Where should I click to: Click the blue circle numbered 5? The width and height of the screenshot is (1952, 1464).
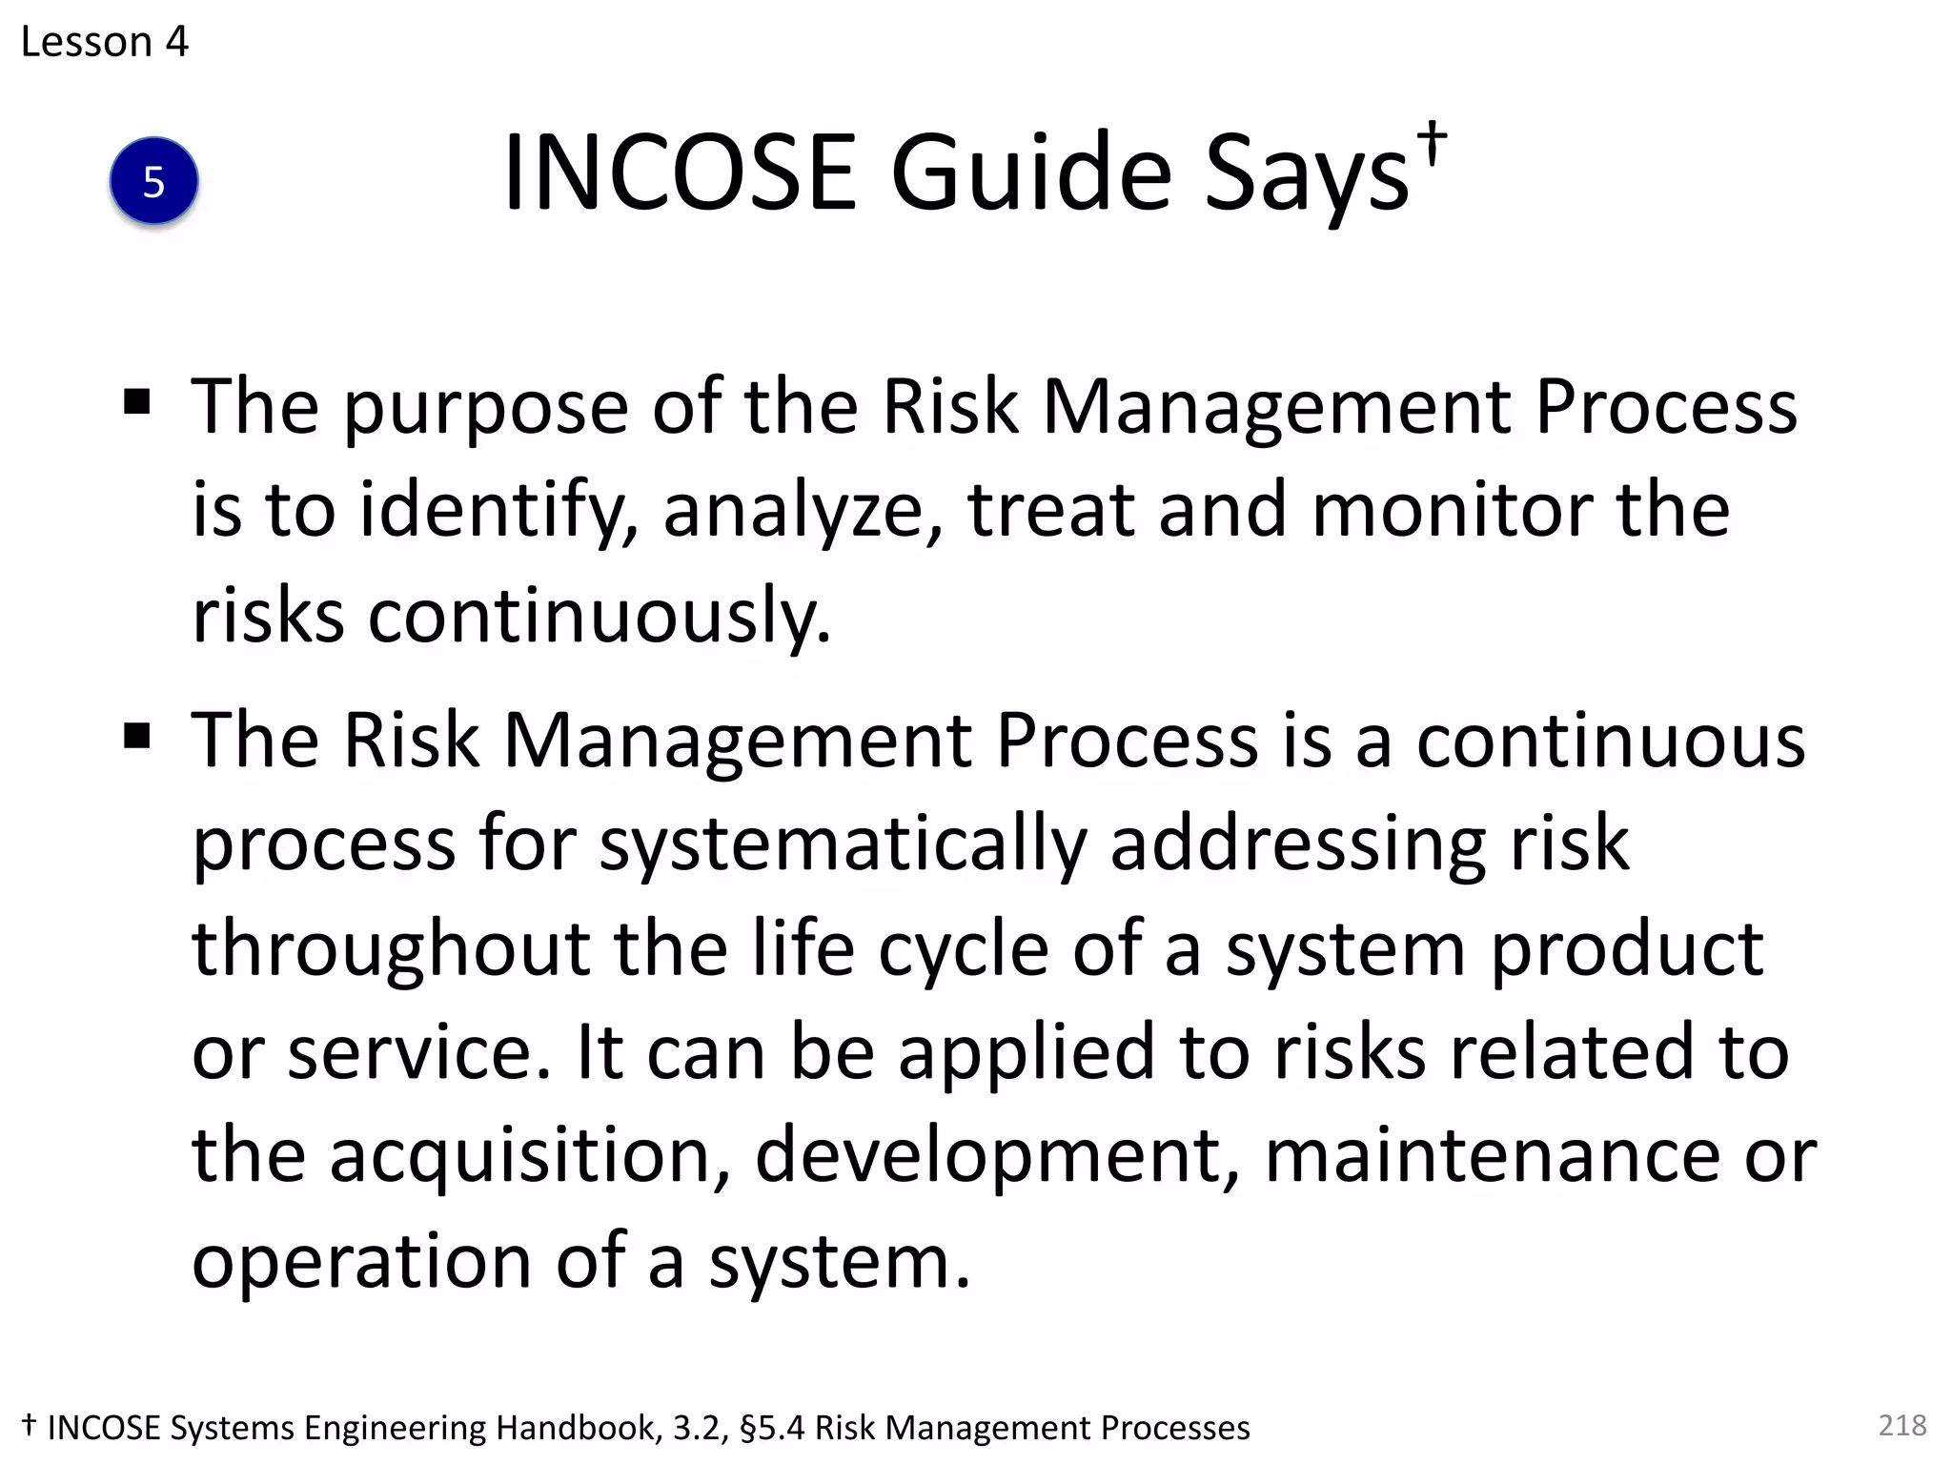click(x=153, y=181)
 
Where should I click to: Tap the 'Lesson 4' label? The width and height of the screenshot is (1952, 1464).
click(x=105, y=42)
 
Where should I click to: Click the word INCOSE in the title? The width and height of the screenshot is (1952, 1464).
click(x=680, y=173)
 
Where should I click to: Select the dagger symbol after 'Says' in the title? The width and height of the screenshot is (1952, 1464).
click(x=1431, y=143)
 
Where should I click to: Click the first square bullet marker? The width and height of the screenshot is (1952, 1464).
click(x=137, y=402)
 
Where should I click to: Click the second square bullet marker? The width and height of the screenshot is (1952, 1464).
click(x=137, y=736)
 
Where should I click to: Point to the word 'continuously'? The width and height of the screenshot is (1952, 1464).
click(x=600, y=616)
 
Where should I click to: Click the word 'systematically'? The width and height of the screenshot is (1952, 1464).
click(x=843, y=845)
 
